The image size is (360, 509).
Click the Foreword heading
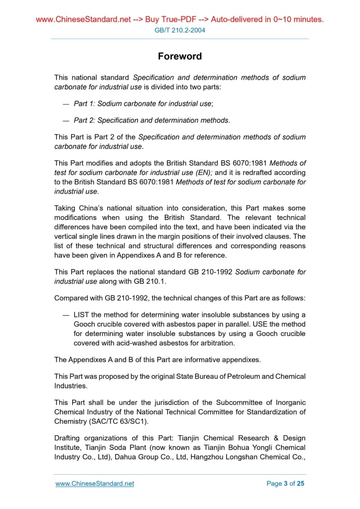coord(180,56)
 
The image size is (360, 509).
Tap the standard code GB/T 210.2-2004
coord(180,30)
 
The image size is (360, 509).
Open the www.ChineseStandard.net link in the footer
coord(95,484)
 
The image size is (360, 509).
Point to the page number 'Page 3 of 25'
coord(285,484)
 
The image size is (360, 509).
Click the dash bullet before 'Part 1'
coord(65,104)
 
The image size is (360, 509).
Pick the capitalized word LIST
coord(82,315)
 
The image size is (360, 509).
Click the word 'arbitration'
coord(217,343)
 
